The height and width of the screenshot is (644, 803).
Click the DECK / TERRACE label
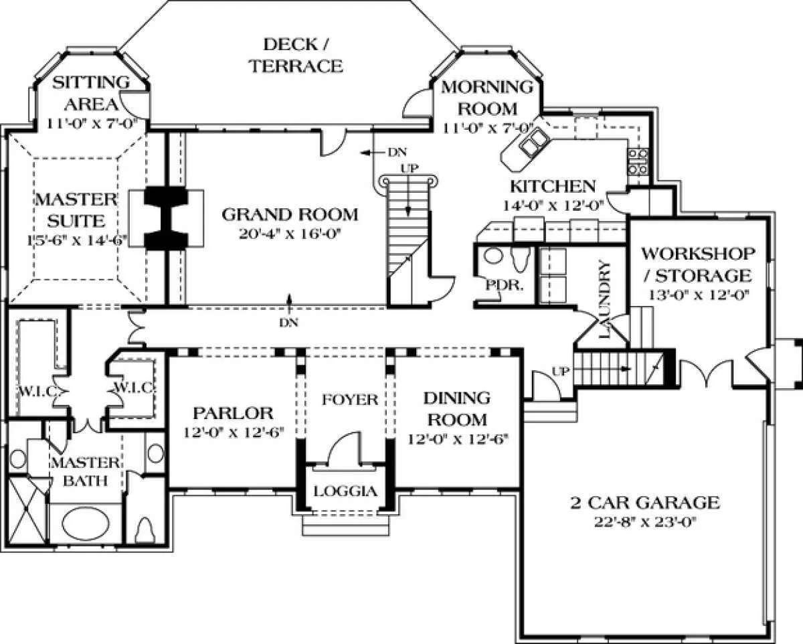click(x=296, y=56)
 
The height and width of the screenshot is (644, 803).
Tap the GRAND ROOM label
click(x=290, y=215)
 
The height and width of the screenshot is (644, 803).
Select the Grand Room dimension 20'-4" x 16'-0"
click(x=290, y=234)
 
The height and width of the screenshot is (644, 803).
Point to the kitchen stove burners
click(x=637, y=161)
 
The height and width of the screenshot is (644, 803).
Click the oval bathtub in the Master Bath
click(x=86, y=524)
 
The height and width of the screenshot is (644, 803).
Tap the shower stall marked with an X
click(x=28, y=510)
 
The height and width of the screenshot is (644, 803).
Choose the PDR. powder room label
click(x=505, y=286)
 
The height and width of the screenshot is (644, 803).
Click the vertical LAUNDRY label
click(x=605, y=299)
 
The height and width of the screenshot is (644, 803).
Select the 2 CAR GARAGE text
click(x=645, y=503)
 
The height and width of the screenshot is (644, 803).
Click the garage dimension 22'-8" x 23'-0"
click(x=646, y=522)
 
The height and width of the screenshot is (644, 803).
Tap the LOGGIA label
click(x=345, y=491)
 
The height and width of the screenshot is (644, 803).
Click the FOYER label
click(x=349, y=400)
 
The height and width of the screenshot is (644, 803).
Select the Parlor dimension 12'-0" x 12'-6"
click(x=234, y=432)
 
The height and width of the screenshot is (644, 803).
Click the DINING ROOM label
click(x=457, y=409)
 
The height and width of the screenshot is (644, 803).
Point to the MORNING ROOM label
click(x=487, y=98)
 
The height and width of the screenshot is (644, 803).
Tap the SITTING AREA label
click(x=91, y=93)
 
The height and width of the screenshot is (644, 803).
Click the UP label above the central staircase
click(x=410, y=169)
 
